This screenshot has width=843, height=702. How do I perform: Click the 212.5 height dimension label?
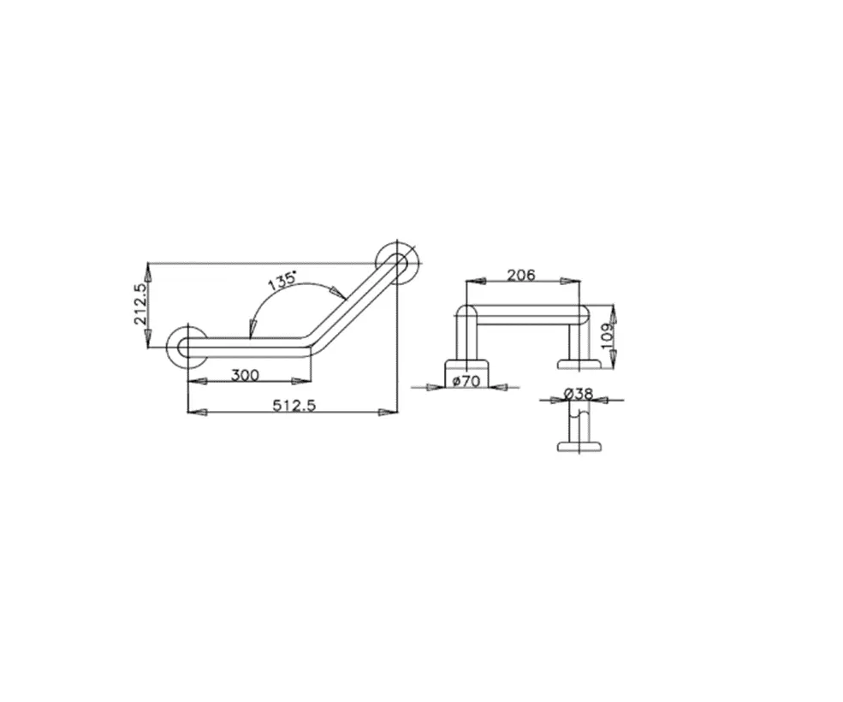141,305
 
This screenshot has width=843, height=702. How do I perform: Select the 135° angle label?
282,280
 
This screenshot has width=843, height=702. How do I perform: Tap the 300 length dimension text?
245,375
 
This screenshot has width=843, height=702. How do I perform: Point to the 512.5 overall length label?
294,405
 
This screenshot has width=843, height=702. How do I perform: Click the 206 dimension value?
521,275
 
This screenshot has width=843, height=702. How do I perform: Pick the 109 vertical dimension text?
607,336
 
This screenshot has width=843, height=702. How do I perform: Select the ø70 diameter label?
466,382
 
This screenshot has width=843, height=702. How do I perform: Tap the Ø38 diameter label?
579,394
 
